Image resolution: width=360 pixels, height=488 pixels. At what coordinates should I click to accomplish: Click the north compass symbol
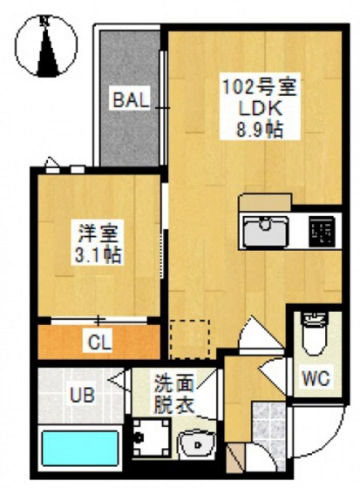click(46, 45)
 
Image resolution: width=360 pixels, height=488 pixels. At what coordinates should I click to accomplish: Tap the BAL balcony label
click(130, 100)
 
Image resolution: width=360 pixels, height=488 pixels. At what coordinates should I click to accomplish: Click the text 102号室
click(260, 88)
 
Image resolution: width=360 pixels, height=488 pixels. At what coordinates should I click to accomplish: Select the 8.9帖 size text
click(260, 129)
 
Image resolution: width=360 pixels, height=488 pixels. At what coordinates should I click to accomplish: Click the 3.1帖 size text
click(98, 255)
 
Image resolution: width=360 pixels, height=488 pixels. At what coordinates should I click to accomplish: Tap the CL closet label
click(99, 342)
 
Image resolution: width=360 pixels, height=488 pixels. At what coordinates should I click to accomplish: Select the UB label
click(82, 396)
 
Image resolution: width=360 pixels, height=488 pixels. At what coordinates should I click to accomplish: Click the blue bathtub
click(79, 448)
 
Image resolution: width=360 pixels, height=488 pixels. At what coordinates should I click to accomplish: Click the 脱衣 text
click(174, 404)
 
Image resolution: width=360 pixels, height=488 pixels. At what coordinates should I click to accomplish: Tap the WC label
click(316, 378)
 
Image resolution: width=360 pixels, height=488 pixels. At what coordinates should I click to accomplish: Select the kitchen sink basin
click(266, 232)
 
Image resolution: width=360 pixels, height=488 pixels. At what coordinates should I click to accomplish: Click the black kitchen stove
click(322, 231)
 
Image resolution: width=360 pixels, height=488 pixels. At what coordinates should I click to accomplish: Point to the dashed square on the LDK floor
click(189, 339)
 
